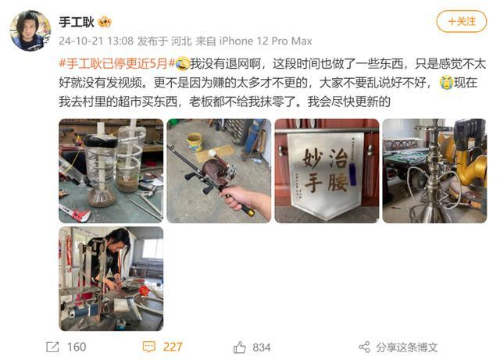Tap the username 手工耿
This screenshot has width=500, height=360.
(x=77, y=22)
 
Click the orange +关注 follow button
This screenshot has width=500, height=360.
(x=461, y=22)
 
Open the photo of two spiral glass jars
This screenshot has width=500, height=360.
(x=111, y=170)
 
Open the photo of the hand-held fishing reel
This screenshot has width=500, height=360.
(x=219, y=170)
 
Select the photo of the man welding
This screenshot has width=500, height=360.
(x=111, y=278)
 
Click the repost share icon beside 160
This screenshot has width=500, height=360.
(x=52, y=347)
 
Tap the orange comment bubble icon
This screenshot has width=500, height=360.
(x=148, y=347)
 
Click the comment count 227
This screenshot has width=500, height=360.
(x=173, y=347)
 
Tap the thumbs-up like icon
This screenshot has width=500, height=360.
(x=240, y=347)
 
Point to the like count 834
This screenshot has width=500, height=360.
(x=262, y=347)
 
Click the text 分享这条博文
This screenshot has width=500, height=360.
(x=407, y=347)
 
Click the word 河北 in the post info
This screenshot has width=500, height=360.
(x=177, y=41)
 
